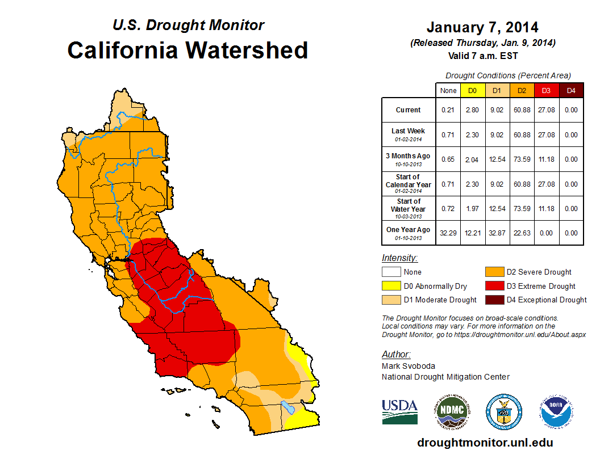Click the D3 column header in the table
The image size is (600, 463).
546,91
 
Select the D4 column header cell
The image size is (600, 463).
571,91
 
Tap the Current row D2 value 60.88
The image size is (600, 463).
522,110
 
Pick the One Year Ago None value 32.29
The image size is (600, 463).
448,233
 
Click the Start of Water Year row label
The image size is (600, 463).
409,208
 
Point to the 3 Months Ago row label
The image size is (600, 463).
409,159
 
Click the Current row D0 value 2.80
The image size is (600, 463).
473,110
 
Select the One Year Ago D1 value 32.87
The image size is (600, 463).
497,233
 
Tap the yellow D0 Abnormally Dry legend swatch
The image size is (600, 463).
391,286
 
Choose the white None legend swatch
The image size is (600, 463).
391,272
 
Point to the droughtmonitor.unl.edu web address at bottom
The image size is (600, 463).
485,443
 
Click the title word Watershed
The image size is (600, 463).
248,50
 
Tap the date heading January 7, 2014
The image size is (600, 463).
482,27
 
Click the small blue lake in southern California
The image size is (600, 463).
287,407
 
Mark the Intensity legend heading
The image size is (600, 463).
399,258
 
